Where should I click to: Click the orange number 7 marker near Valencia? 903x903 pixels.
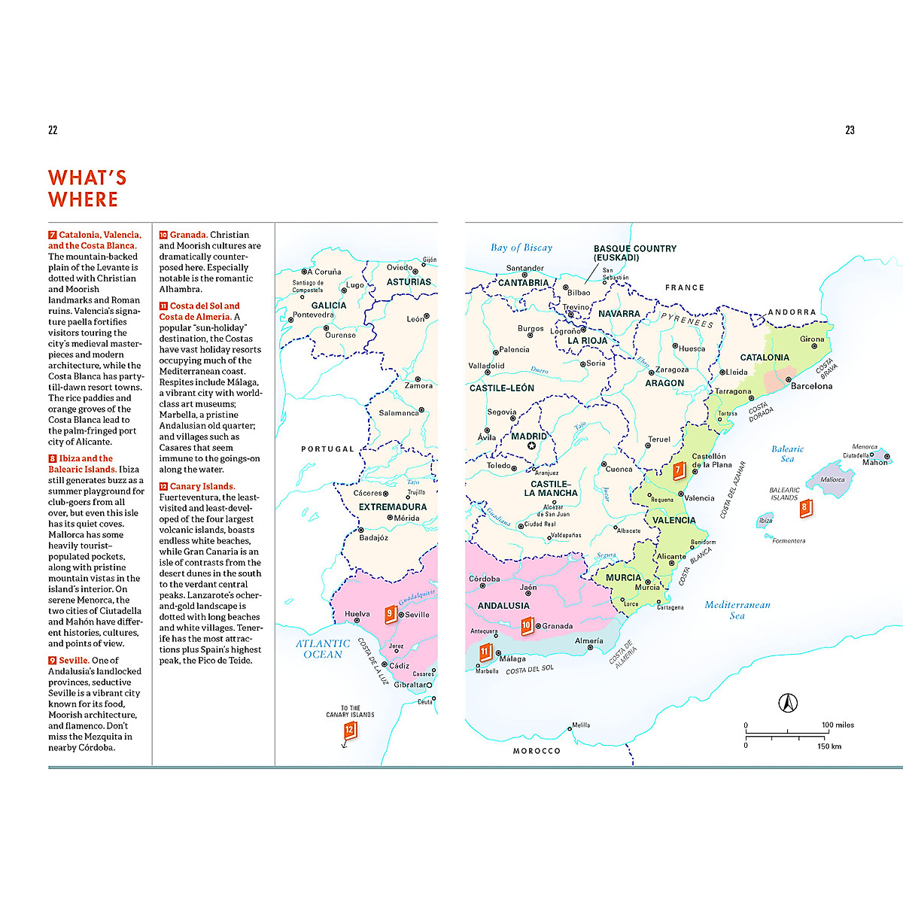pyautogui.click(x=677, y=470)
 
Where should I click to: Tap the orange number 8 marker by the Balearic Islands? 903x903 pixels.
pyautogui.click(x=804, y=508)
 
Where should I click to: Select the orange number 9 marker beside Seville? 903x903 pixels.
pyautogui.click(x=390, y=614)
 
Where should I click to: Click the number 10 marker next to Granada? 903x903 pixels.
pyautogui.click(x=527, y=625)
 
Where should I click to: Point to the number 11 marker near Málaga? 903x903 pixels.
pyautogui.click(x=485, y=652)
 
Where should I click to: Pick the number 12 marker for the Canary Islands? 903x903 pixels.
pyautogui.click(x=349, y=730)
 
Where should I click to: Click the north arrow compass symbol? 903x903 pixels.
pyautogui.click(x=787, y=703)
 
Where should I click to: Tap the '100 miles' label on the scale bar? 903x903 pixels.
pyautogui.click(x=837, y=725)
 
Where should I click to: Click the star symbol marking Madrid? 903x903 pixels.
pyautogui.click(x=531, y=446)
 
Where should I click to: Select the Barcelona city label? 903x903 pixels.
pyautogui.click(x=811, y=386)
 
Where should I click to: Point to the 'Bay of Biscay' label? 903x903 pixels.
pyautogui.click(x=521, y=248)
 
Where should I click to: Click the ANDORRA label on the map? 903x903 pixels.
pyautogui.click(x=792, y=312)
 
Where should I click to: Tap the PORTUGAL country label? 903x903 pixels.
pyautogui.click(x=327, y=449)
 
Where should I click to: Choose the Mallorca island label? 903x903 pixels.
pyautogui.click(x=832, y=479)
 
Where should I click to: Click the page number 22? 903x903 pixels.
pyautogui.click(x=53, y=130)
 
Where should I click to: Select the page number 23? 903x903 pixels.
pyautogui.click(x=850, y=130)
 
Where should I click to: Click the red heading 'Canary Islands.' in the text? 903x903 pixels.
pyautogui.click(x=202, y=486)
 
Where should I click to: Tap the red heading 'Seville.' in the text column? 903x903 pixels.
pyautogui.click(x=74, y=660)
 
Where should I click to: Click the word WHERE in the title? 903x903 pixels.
pyautogui.click(x=83, y=199)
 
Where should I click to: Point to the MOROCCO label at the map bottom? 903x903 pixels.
pyautogui.click(x=537, y=751)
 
